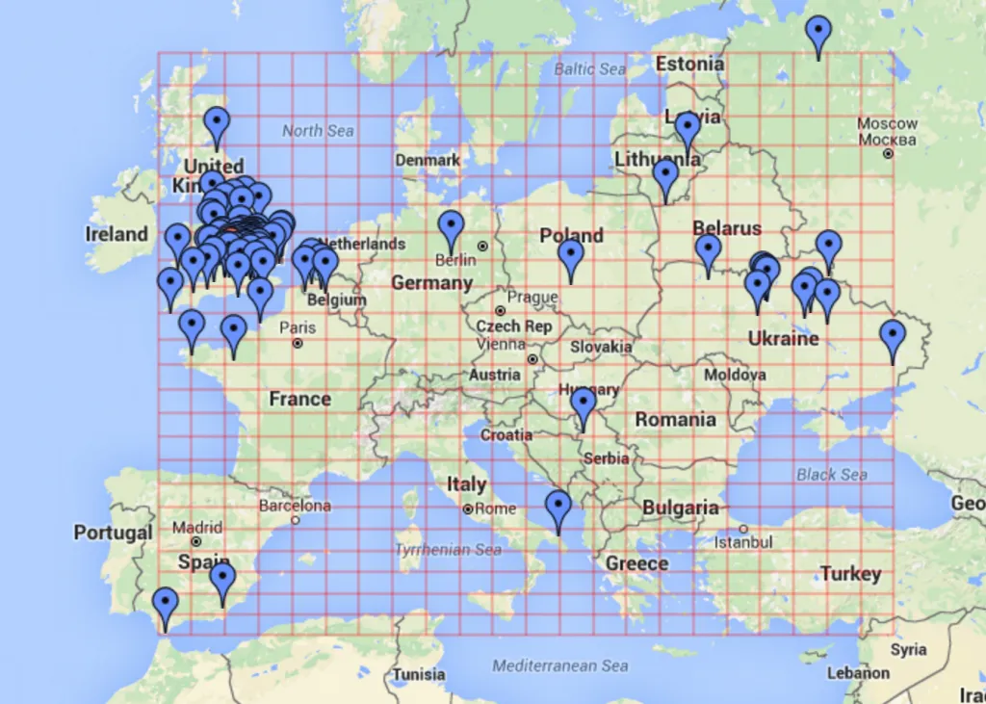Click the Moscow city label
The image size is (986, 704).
(x=887, y=124)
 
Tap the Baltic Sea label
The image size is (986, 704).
(x=589, y=69)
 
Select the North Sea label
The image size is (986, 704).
(x=318, y=130)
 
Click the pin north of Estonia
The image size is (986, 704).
(x=818, y=34)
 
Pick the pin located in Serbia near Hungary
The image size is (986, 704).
(x=583, y=406)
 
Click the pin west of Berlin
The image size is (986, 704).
(x=451, y=229)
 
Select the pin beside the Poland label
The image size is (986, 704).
(x=571, y=257)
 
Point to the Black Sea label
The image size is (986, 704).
(x=831, y=475)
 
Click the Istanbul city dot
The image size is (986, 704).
(x=743, y=529)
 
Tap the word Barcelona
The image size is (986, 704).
(x=295, y=506)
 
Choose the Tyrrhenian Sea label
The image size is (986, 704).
(x=448, y=550)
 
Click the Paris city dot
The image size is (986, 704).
(x=298, y=343)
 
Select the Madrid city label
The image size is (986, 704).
(x=197, y=528)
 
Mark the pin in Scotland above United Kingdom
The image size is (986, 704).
(x=217, y=125)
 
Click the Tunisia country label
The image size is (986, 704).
(x=419, y=674)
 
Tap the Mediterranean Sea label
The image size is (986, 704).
(x=559, y=665)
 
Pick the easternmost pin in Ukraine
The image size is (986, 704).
(x=893, y=339)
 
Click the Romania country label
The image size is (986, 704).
(x=675, y=420)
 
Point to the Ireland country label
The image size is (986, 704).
(x=117, y=234)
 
